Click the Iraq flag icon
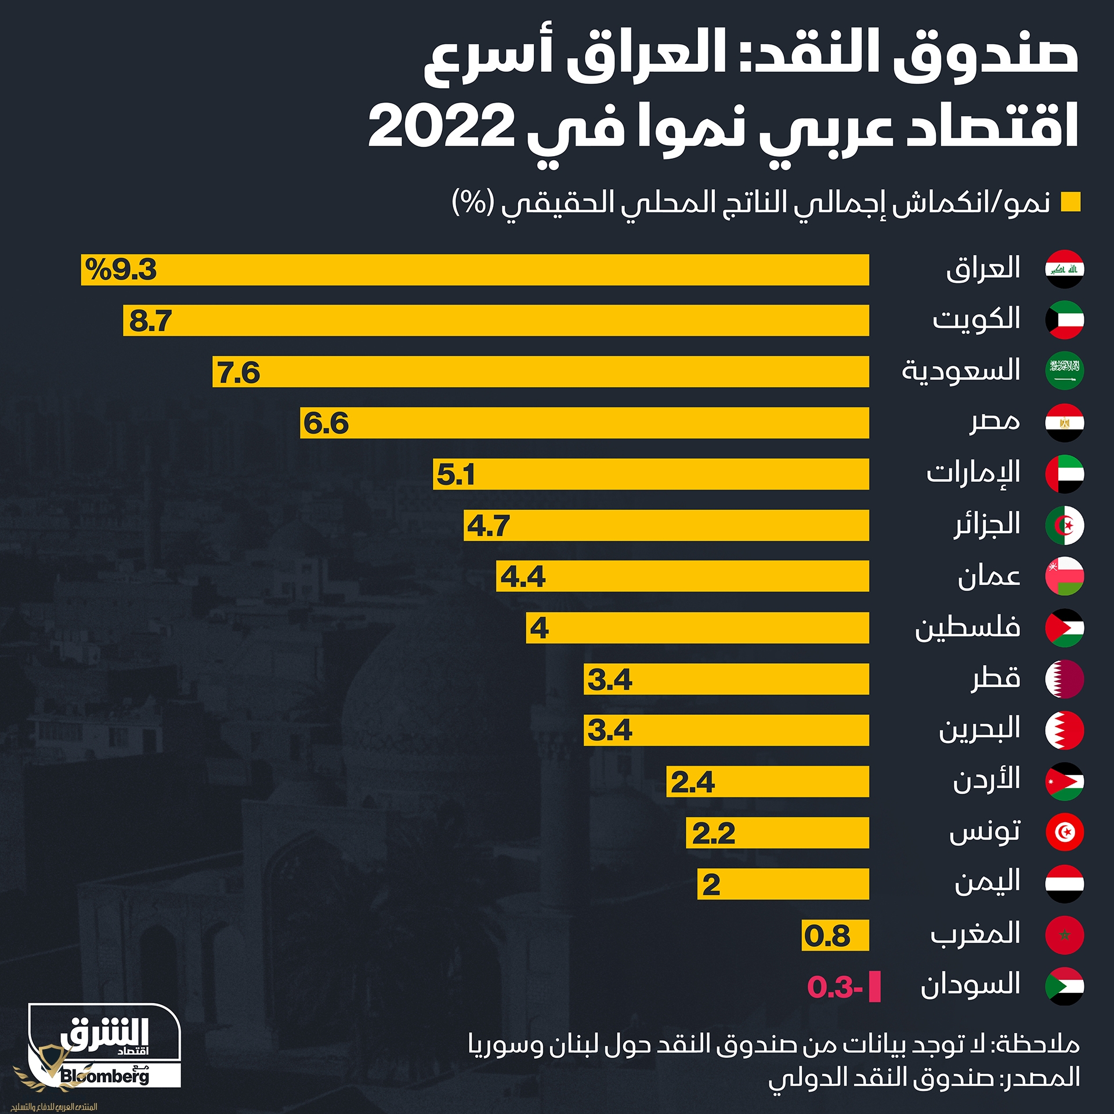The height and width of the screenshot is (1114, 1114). [1064, 269]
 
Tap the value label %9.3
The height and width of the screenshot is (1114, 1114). [121, 270]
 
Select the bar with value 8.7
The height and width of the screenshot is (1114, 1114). [495, 320]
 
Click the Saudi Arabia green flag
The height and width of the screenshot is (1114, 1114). [1064, 371]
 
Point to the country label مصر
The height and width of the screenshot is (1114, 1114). [994, 422]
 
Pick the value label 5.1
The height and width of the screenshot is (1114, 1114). [455, 475]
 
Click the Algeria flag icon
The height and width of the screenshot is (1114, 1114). [1064, 526]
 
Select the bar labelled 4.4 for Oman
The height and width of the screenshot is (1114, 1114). [682, 576]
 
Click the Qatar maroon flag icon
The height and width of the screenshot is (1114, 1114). [1064, 679]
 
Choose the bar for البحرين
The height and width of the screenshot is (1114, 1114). [726, 730]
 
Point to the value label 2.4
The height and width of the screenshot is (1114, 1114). [693, 782]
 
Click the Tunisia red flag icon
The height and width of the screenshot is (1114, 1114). [1064, 832]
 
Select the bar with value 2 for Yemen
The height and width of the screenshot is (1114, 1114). [783, 884]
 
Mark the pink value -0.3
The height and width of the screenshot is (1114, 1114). [835, 987]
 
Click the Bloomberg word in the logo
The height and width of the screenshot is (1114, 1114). [104, 1076]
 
